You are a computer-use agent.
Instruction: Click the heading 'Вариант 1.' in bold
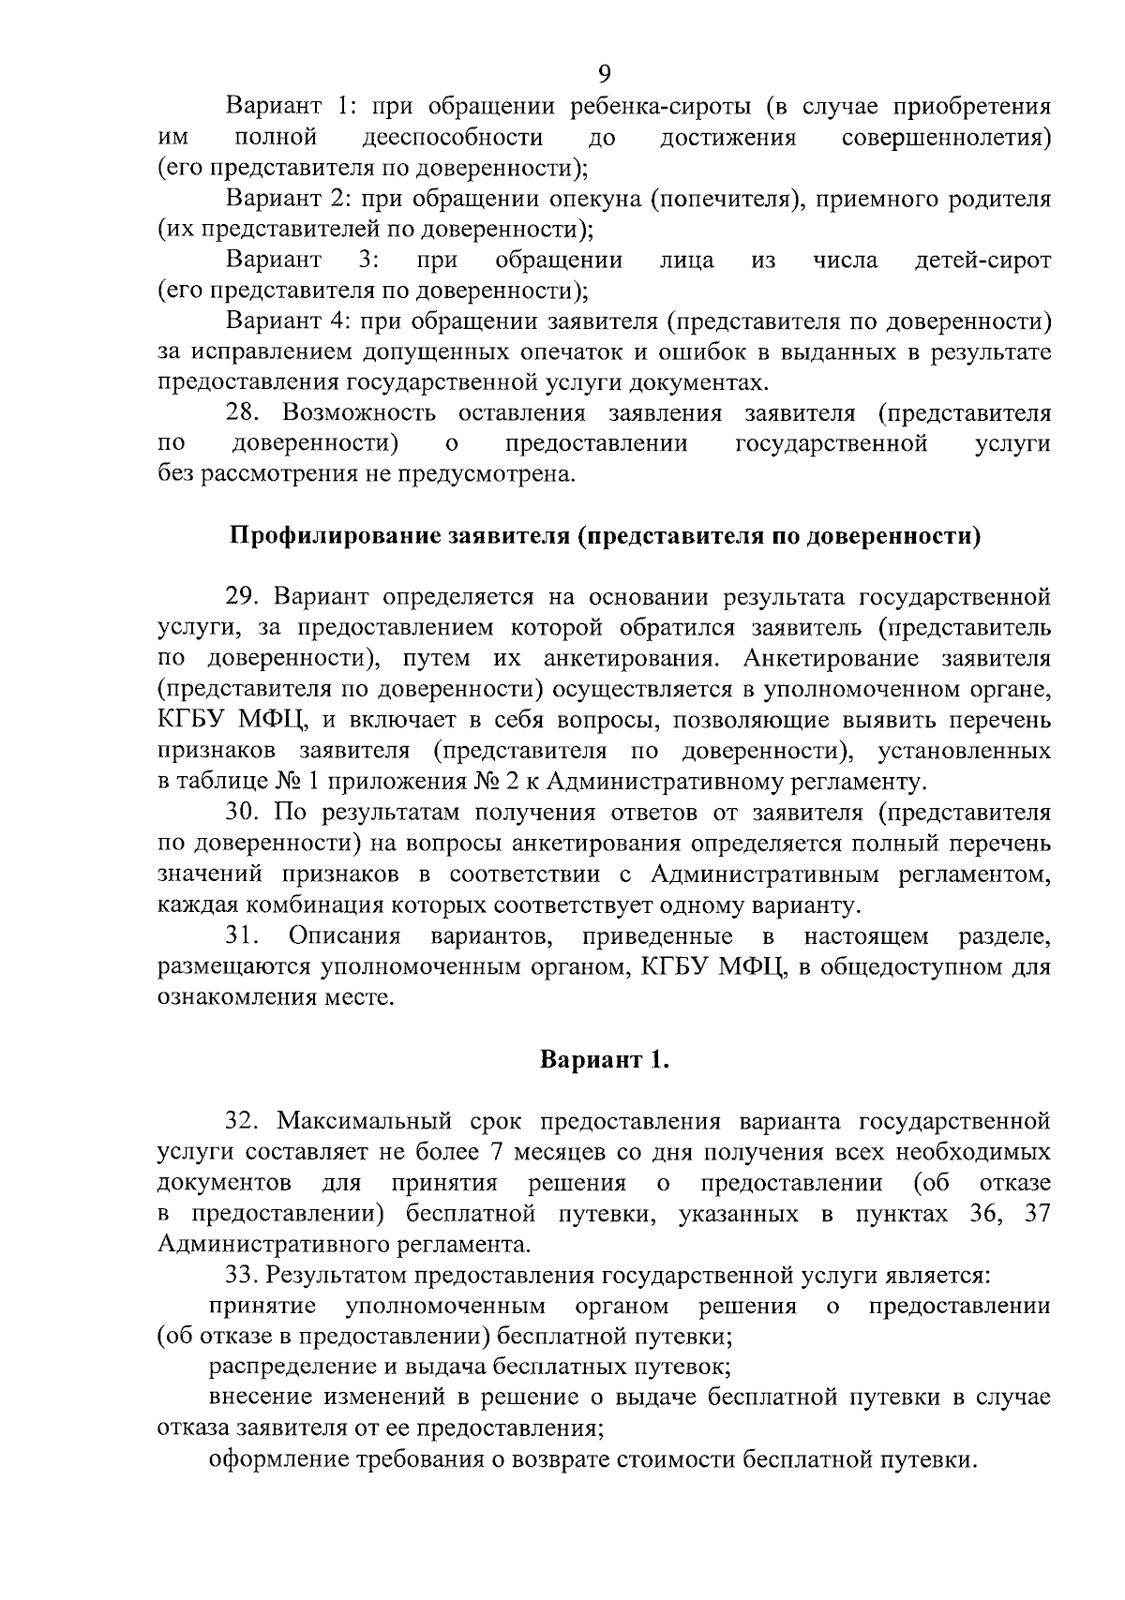[605, 1060]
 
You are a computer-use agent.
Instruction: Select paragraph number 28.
[242, 413]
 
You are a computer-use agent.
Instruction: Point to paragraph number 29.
[243, 597]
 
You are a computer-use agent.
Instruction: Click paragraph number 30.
[243, 813]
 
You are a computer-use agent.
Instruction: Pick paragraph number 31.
[242, 936]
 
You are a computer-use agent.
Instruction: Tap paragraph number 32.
[243, 1121]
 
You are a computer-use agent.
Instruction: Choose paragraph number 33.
[242, 1276]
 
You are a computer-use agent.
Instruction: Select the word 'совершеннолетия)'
[946, 138]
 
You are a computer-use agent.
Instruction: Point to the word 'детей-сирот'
[982, 261]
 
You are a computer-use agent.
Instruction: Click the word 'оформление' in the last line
[271, 1459]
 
